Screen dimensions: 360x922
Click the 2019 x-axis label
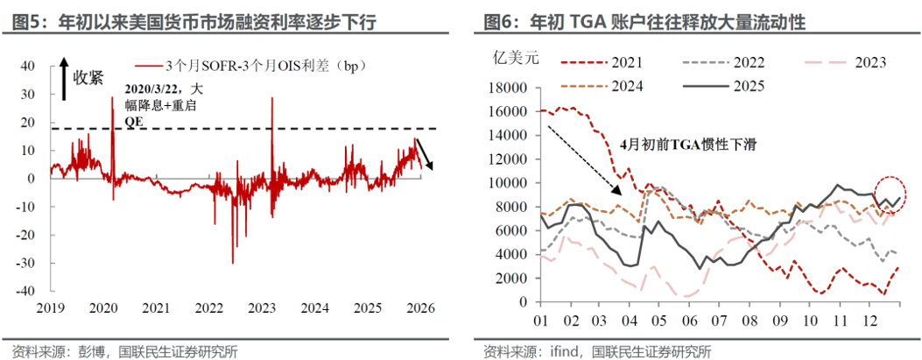coord(50,309)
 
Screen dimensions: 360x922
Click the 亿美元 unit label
coord(511,60)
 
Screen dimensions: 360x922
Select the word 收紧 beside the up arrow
coord(88,76)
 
